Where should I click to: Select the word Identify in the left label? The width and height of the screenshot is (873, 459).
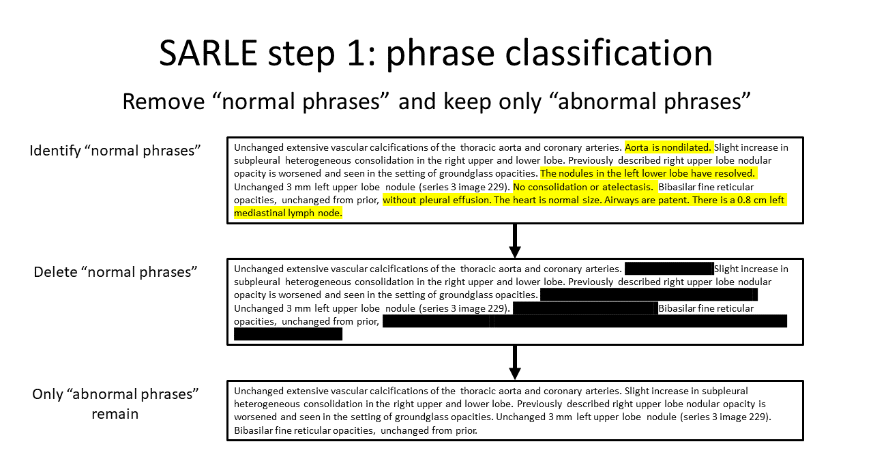55,150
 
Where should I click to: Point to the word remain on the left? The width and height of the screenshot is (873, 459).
115,413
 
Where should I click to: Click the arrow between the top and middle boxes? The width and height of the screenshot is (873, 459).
515,241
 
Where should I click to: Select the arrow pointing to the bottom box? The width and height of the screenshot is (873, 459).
515,362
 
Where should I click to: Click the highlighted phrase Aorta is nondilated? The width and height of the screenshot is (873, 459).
668,147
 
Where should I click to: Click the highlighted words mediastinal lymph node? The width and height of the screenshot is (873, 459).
287,213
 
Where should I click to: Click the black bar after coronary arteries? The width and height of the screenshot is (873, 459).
668,269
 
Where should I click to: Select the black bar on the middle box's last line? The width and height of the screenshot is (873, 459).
287,334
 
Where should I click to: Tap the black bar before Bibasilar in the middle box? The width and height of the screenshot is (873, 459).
585,308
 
